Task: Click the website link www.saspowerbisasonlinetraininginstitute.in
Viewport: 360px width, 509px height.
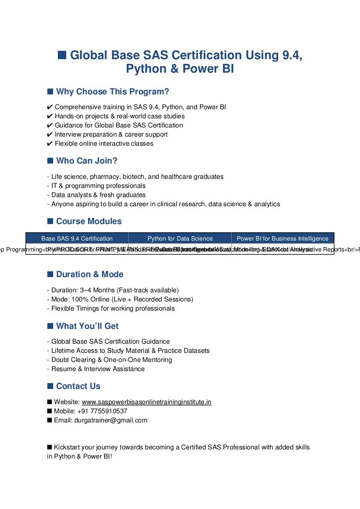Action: (146, 402)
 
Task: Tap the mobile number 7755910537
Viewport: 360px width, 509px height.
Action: (108, 411)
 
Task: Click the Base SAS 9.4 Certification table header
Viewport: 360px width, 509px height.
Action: (77, 238)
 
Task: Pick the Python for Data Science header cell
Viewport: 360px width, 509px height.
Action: (180, 238)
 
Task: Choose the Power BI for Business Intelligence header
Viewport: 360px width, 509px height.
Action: (283, 238)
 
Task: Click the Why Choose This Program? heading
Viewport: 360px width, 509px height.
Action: (112, 92)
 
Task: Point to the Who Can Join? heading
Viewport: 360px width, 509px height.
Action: (87, 161)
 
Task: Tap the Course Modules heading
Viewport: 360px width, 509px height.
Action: (89, 221)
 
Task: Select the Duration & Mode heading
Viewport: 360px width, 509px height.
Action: (90, 275)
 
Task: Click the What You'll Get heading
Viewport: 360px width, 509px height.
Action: (87, 326)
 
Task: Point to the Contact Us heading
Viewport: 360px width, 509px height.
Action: (78, 386)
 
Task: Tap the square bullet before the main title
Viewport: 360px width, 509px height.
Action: (62, 55)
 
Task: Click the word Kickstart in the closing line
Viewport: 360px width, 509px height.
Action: (68, 447)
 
